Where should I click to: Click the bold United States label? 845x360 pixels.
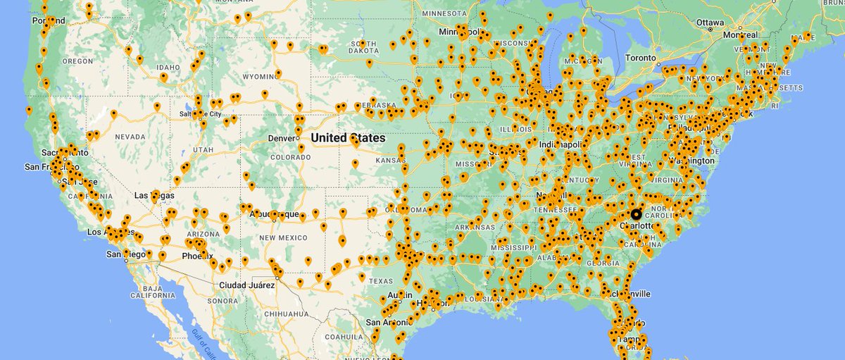coord(349,138)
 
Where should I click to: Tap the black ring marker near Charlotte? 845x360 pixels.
coord(636,214)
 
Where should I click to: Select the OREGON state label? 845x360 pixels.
coord(77,61)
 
